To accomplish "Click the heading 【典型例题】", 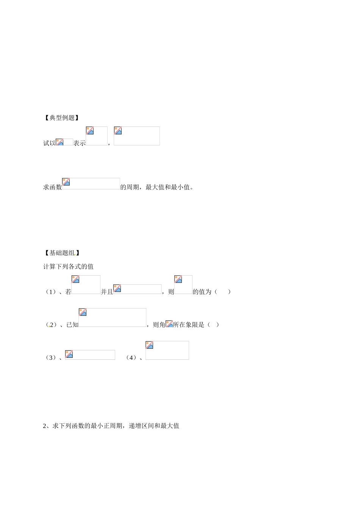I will click(62, 118).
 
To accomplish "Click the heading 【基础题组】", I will click(62, 253).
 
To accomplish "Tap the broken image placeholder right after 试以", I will click(64, 142).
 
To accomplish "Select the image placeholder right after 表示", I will click(97, 136).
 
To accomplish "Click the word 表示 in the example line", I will click(80, 143).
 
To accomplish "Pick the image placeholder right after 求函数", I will click(91, 184).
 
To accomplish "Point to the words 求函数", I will click(52, 187).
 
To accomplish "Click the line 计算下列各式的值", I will click(69, 267).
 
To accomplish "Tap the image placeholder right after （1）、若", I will click(86, 285).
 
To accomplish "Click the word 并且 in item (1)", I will click(107, 292).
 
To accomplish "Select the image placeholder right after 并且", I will click(137, 289).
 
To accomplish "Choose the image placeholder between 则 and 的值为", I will click(183, 285).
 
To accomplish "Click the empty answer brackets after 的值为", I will click(222, 292).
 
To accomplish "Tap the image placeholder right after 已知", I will click(112, 318).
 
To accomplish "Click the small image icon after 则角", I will click(169, 324).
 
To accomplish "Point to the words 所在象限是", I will click(189, 325).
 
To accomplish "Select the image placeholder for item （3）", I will click(90, 355).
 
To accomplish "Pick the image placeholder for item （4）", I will click(167, 350).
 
